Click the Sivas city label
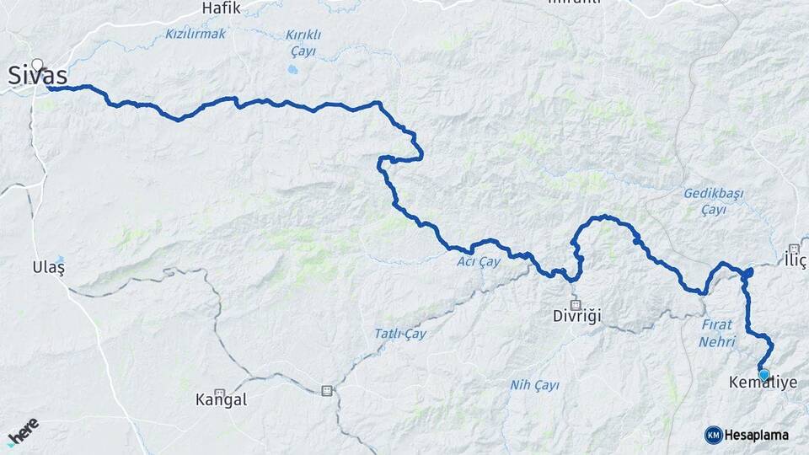click(x=39, y=76)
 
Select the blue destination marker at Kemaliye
click(x=763, y=375)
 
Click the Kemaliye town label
click(x=763, y=383)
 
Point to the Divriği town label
click(x=576, y=317)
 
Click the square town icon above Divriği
click(x=576, y=304)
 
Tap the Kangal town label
click(x=221, y=399)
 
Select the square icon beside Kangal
click(x=220, y=393)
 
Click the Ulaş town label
click(x=48, y=266)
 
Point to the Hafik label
click(x=221, y=8)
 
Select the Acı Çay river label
click(x=479, y=262)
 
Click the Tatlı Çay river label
click(x=400, y=334)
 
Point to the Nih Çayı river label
click(x=534, y=385)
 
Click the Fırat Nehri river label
click(x=717, y=333)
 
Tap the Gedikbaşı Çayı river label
click(x=714, y=201)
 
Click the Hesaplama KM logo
click(x=747, y=435)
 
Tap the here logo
click(x=23, y=431)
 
